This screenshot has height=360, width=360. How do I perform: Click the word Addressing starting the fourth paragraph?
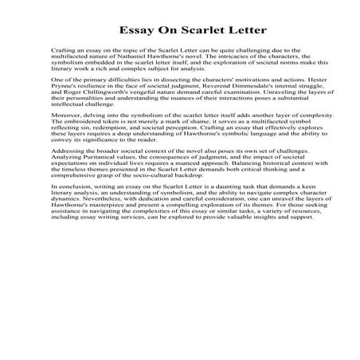(x=69, y=170)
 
